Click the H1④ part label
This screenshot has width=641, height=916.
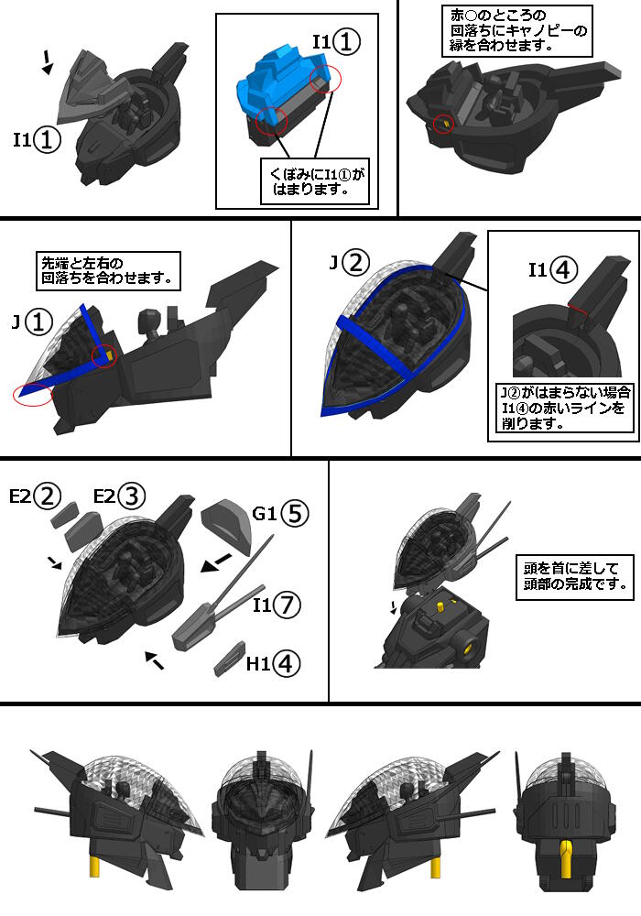pyautogui.click(x=273, y=663)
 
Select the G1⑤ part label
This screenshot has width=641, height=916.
pyautogui.click(x=280, y=514)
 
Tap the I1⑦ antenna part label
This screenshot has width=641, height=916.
pyautogui.click(x=277, y=604)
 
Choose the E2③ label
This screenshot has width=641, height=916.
pyautogui.click(x=120, y=496)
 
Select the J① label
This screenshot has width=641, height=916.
pyautogui.click(x=32, y=322)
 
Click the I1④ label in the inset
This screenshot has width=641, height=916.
pyautogui.click(x=553, y=270)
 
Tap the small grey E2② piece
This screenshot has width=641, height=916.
pyautogui.click(x=65, y=514)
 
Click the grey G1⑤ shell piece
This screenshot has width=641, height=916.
pyautogui.click(x=227, y=525)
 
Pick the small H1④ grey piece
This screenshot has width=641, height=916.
pyautogui.click(x=230, y=659)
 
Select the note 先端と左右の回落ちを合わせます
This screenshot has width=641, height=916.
pyautogui.click(x=108, y=270)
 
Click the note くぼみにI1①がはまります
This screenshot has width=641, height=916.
pyautogui.click(x=315, y=181)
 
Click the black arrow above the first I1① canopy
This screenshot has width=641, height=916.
pyautogui.click(x=48, y=62)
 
